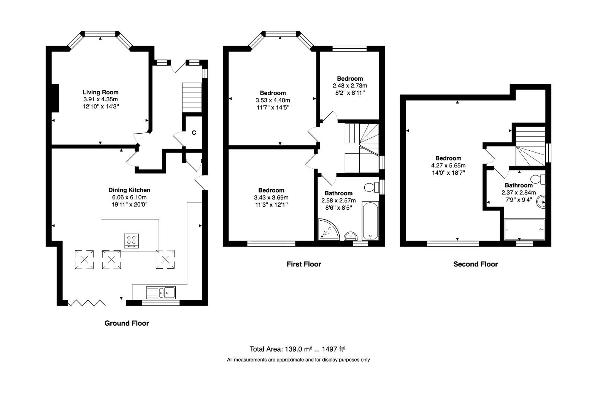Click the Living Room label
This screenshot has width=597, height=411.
coord(100,92)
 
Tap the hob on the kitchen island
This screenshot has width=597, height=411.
coord(131,241)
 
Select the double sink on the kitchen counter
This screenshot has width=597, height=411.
coord(161,292)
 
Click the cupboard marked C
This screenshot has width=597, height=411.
coord(194,132)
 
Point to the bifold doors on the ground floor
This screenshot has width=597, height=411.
coord(86,303)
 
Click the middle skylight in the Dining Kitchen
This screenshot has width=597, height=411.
coord(111,260)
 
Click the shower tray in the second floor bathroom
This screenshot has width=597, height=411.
coord(524,229)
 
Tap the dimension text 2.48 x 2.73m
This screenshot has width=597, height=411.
coord(350,86)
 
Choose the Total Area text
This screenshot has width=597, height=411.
coord(297,349)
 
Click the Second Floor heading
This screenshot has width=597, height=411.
coord(475,264)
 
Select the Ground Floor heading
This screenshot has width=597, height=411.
coord(127,323)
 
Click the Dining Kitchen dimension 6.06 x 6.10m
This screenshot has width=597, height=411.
coord(129,197)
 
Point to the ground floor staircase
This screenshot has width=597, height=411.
coord(192,97)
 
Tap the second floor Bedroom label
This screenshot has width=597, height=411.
coord(448,158)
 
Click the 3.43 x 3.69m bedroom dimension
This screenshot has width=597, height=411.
coord(271,198)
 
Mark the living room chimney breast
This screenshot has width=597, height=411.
coord(55,98)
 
